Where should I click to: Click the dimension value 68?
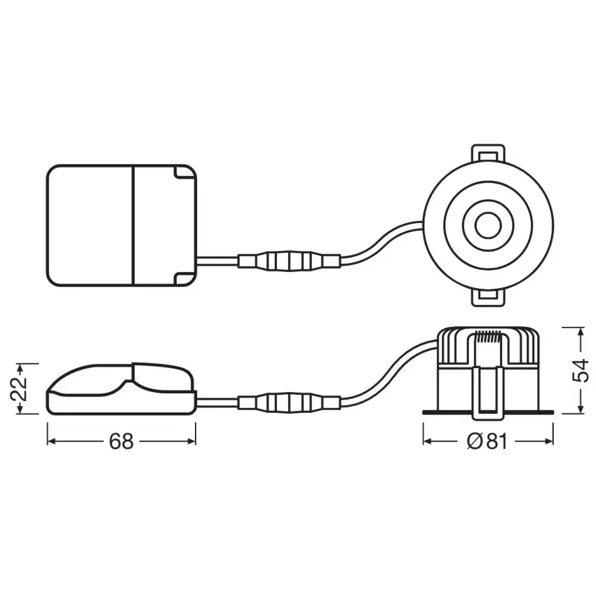(121, 441)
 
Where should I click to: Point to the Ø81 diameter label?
(487, 441)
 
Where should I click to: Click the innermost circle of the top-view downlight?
(488, 225)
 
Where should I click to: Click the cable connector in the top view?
(289, 261)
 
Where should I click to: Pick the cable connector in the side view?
(289, 402)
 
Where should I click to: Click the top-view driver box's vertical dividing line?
(134, 225)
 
